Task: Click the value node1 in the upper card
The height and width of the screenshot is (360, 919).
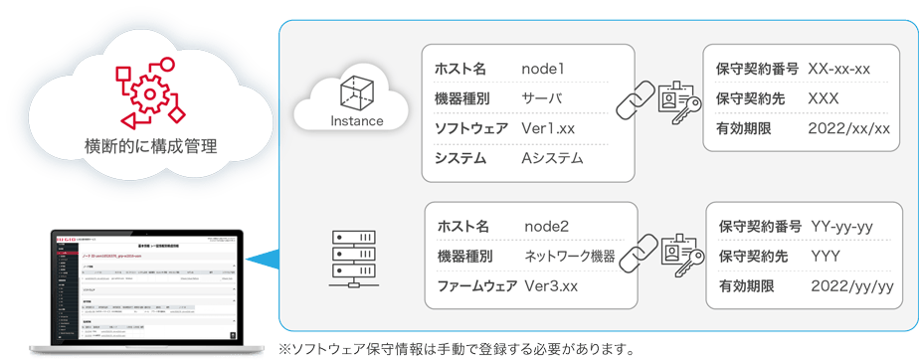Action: [x=543, y=69]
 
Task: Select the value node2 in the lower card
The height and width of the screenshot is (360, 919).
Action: [x=547, y=227]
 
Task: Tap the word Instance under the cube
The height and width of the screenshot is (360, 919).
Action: [x=356, y=121]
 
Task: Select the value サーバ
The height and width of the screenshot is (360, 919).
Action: [x=542, y=98]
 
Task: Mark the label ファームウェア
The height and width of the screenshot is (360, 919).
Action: [x=476, y=286]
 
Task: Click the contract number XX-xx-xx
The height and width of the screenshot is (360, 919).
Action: [x=840, y=69]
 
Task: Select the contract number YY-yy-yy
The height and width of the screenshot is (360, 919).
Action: [x=842, y=227]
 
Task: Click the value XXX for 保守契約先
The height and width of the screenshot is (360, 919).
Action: [x=825, y=98]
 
